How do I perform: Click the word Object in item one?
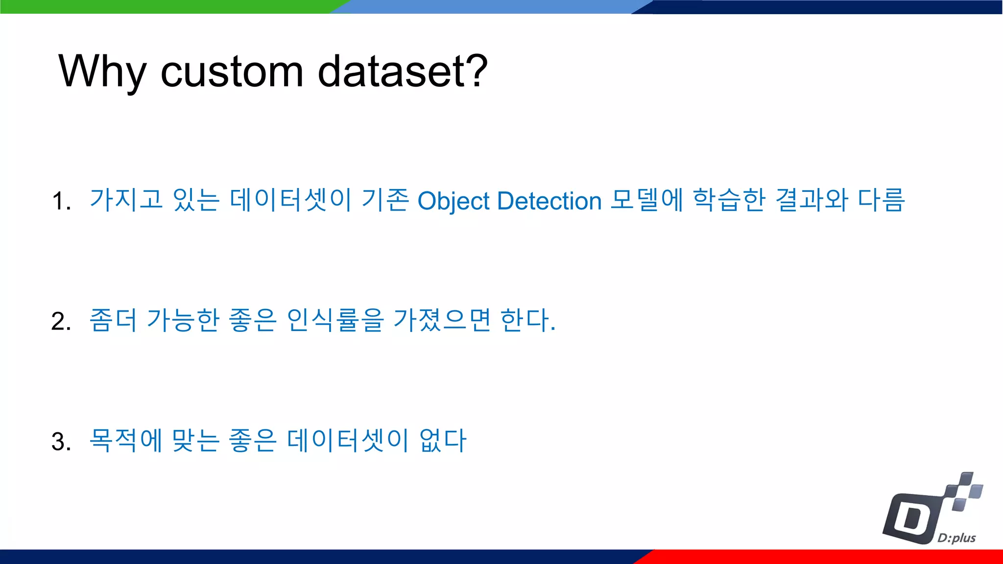point(453,201)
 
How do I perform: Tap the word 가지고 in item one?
point(126,200)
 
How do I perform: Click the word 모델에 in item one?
point(646,200)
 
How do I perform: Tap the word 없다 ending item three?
point(443,440)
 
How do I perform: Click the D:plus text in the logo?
point(956,538)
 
